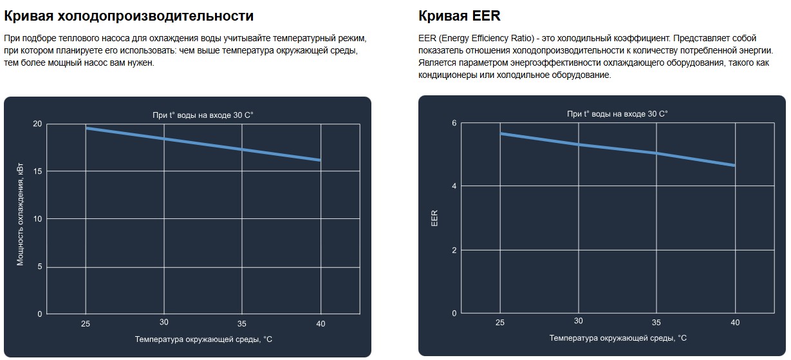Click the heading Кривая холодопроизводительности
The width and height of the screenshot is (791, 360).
point(129,15)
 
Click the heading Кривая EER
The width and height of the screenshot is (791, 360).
point(459,15)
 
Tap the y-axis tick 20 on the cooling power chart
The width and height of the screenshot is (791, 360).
point(37,124)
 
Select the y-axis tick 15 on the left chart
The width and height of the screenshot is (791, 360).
point(37,171)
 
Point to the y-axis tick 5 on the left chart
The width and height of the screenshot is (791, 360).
point(39,267)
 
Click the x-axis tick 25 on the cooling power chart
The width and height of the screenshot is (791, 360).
point(86,322)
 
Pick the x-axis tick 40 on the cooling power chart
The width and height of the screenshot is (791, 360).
point(321,322)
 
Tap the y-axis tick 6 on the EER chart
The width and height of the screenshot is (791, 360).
point(454,123)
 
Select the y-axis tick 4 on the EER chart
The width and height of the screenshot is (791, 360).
point(454,186)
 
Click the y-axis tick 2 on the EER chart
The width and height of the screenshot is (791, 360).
point(454,250)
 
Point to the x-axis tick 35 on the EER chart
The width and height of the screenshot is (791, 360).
point(656,321)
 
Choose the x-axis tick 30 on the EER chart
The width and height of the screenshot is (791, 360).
point(579,321)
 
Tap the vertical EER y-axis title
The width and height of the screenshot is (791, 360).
point(434,218)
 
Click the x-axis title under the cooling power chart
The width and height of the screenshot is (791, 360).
point(203,339)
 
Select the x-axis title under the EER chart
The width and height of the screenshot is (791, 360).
point(618,338)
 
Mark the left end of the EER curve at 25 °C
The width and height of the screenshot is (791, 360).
point(501,133)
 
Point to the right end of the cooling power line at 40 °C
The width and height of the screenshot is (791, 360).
point(320,160)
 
